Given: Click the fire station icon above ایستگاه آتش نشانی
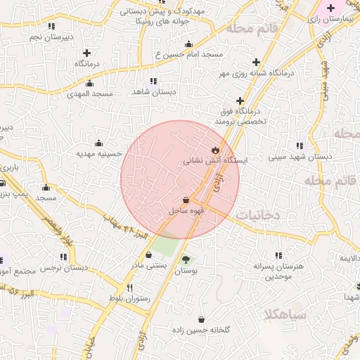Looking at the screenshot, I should [215, 150].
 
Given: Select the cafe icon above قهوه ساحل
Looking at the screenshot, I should [186, 200].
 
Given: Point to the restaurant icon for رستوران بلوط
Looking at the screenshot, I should [129, 288].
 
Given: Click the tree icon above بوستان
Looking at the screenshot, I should [186, 258].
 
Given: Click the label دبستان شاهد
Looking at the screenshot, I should [153, 92].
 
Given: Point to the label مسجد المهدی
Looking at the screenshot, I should [90, 94].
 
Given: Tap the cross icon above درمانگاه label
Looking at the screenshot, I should [87, 53].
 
